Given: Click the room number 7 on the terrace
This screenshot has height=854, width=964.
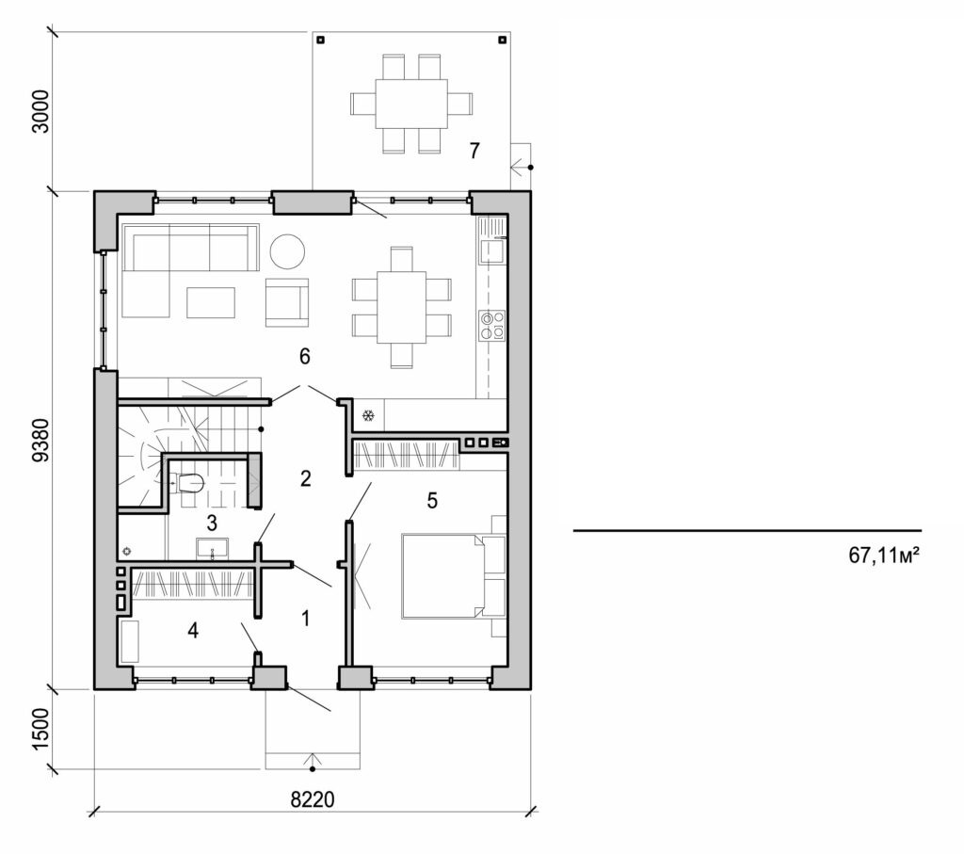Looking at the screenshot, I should tap(474, 150).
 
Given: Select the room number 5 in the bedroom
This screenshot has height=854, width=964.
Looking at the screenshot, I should tap(432, 500).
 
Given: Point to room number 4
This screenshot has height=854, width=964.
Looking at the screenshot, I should tap(193, 630).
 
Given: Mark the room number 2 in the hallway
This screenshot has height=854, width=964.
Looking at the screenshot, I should tap(305, 478).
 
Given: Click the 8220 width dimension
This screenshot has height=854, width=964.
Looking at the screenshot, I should tap(313, 799).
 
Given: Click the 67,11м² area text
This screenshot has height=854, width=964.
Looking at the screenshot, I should tap(883, 556).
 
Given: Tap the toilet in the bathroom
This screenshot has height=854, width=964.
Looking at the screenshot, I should tap(189, 483).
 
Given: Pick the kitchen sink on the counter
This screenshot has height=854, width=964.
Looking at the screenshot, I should tap(492, 251).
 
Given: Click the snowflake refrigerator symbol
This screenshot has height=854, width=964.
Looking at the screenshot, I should tap(369, 415).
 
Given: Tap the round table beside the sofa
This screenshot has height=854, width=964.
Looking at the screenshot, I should tap(287, 250).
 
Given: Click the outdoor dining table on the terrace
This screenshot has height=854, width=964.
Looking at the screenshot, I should tap(411, 104).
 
